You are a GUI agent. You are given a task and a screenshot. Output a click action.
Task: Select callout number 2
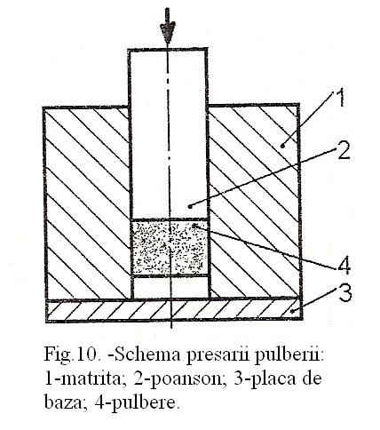[x=343, y=150]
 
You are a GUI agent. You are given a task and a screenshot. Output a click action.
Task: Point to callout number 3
[x=345, y=293]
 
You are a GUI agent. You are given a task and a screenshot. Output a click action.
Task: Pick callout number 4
[x=344, y=266]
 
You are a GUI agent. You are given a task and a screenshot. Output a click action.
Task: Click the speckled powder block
[x=170, y=248]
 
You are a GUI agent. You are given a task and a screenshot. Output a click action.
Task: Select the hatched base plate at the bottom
[x=174, y=310]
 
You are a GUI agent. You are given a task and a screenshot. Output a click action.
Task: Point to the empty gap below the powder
[x=170, y=287]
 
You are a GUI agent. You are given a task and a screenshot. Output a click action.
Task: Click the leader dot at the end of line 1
[x=283, y=146]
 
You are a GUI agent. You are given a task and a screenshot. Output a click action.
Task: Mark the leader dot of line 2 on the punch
[x=191, y=206]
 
